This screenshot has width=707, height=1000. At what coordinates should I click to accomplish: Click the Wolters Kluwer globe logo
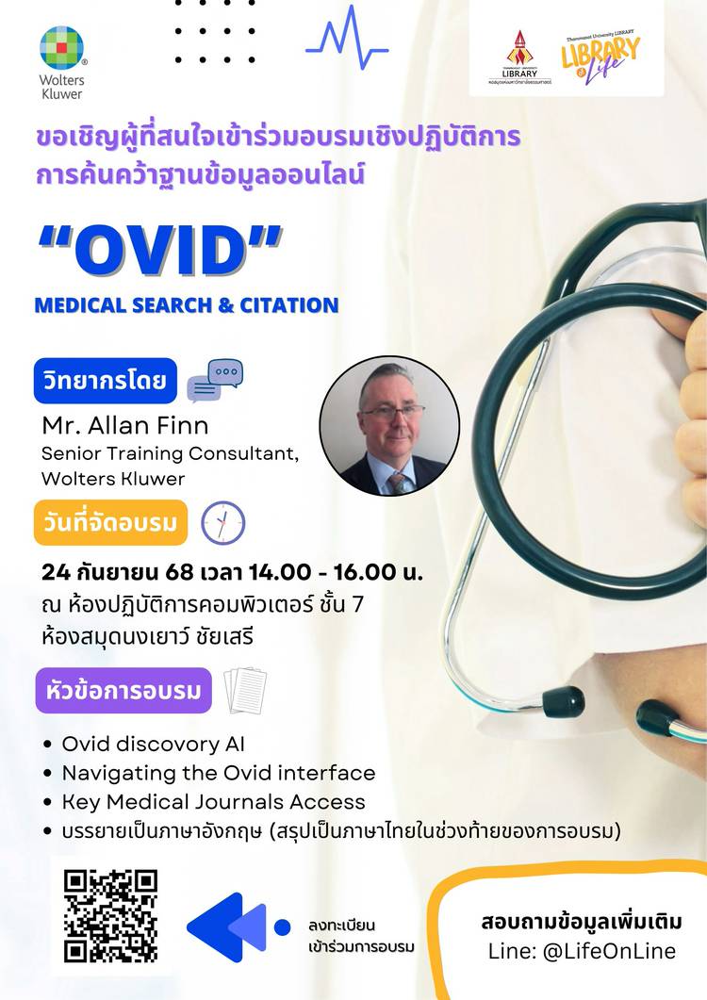(62, 48)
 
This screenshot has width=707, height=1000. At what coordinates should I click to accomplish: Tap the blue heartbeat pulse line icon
(347, 37)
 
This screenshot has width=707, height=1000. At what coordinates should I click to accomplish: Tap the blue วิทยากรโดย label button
(106, 381)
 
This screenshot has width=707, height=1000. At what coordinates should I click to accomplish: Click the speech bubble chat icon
(215, 380)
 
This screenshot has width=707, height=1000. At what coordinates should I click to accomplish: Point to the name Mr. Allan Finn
(125, 425)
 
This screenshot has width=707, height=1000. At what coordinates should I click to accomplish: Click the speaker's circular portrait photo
(389, 425)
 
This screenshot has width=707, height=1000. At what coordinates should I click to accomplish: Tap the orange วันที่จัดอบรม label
(110, 522)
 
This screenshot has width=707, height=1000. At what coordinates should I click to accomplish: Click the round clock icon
(223, 523)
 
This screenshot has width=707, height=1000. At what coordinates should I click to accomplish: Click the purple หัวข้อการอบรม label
(123, 690)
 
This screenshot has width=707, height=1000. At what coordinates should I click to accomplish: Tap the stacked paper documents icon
(246, 691)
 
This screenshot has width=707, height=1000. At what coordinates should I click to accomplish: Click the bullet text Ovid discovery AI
(153, 744)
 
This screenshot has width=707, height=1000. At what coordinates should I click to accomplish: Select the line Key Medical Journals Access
(214, 802)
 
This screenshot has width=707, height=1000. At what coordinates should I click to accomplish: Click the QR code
(110, 915)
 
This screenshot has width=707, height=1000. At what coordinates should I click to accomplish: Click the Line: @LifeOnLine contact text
(582, 951)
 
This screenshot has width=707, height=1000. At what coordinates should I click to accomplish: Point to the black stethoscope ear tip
(564, 701)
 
